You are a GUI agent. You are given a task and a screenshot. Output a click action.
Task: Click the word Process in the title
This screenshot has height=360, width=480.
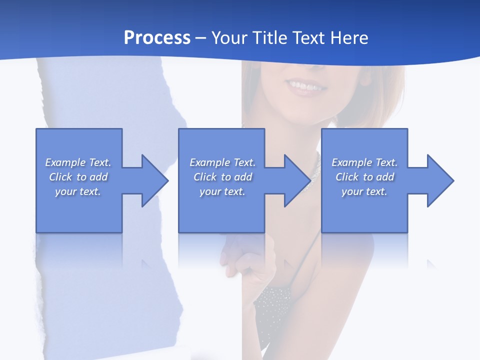tap(157, 38)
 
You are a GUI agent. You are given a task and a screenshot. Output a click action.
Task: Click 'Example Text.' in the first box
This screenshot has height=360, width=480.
tap(78, 162)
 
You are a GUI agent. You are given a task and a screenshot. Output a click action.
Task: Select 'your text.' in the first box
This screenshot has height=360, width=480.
tap(78, 191)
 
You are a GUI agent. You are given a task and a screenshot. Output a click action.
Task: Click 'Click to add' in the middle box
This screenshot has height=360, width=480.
tap(222, 177)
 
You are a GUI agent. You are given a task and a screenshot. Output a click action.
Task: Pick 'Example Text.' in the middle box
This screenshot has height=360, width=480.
tap(222, 162)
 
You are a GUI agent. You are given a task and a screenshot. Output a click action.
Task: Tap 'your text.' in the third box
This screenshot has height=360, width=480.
tap(364, 191)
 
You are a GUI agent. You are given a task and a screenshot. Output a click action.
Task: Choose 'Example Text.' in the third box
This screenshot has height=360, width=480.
tap(364, 162)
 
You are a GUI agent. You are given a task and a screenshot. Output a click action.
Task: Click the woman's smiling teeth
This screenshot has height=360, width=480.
tap(305, 86)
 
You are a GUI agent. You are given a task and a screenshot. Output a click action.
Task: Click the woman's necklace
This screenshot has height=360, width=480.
tap(315, 168)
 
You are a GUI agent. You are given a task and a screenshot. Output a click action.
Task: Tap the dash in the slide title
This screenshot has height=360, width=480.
tap(200, 38)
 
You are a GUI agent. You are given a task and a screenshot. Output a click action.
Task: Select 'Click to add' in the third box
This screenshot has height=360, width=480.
tap(364, 177)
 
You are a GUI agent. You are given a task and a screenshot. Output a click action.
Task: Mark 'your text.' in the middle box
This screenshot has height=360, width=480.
tap(222, 191)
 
